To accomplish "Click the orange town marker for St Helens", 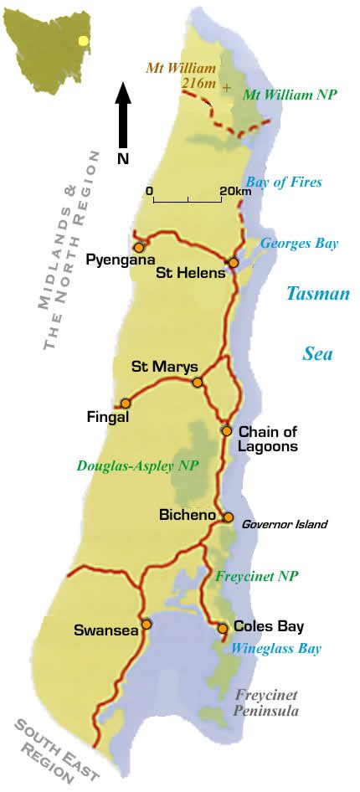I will click(234, 263).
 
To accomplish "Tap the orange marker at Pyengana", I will click(139, 248).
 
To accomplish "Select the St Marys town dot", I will click(198, 383).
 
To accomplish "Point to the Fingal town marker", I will click(126, 403).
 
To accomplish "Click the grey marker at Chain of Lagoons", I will click(226, 430).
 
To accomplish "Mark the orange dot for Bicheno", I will click(228, 517).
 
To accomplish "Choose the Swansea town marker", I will click(147, 624).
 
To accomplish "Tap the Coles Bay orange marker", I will click(223, 628).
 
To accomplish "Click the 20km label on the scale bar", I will click(235, 191).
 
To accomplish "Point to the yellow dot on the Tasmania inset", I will click(83, 39).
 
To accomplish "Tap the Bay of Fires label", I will click(283, 183).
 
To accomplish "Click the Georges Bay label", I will click(299, 244).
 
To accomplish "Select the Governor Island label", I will click(285, 525).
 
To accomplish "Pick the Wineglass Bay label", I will click(275, 648).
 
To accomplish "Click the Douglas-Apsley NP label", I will click(137, 466).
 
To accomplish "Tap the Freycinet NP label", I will click(257, 576).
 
